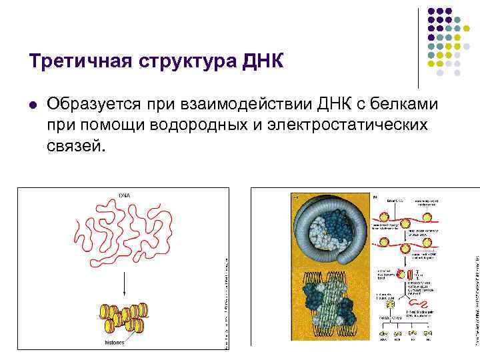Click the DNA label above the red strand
[125, 195]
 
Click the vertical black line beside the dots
[418, 47]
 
